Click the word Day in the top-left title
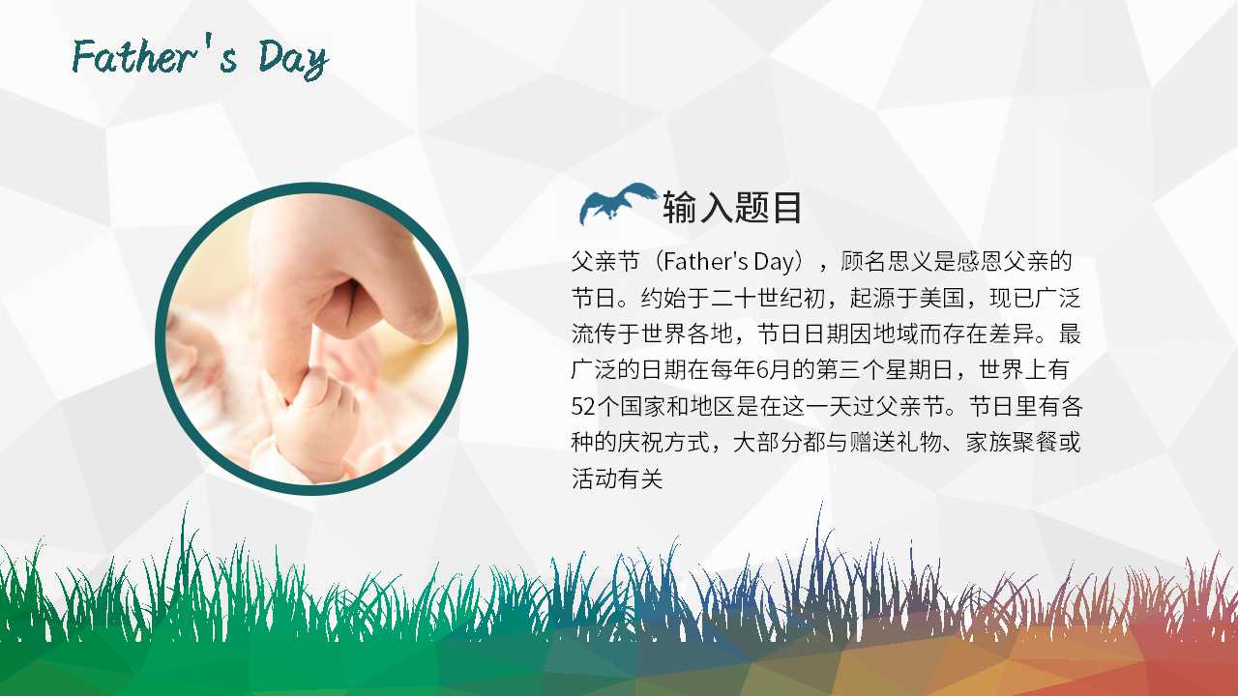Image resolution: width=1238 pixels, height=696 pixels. click(293, 60)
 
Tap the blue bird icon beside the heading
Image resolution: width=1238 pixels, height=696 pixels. click(615, 204)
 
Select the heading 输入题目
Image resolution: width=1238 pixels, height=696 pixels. click(732, 208)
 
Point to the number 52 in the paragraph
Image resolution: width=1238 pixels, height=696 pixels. click(582, 406)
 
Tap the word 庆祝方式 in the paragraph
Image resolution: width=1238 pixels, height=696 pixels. click(664, 443)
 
